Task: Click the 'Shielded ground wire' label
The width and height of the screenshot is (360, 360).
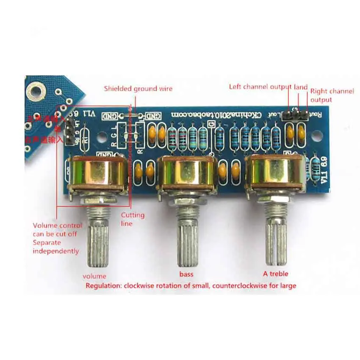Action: (138, 89)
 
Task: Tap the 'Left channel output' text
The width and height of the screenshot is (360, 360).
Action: (261, 87)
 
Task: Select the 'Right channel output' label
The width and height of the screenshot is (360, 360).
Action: (332, 95)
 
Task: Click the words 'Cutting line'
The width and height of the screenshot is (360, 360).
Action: (133, 219)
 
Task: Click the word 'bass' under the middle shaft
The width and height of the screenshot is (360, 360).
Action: (186, 274)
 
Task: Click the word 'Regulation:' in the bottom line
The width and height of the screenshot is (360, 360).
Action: (103, 285)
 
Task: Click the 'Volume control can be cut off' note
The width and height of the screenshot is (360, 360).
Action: (57, 238)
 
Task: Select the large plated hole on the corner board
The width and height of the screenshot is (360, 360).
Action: (36, 91)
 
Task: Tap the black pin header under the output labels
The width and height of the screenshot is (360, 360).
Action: (295, 115)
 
